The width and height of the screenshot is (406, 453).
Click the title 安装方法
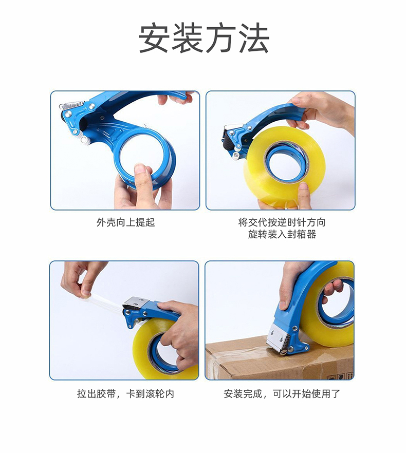tap(204, 39)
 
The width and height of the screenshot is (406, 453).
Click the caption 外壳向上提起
tap(126, 222)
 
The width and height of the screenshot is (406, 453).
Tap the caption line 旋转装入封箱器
tap(282, 234)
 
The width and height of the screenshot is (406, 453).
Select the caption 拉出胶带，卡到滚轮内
tap(125, 393)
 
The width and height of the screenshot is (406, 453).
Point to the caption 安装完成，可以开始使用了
tap(282, 393)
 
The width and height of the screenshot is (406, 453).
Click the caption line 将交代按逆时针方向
tap(282, 222)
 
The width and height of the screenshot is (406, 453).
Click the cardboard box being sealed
tap(279, 360)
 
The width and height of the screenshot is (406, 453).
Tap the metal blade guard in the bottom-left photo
tap(136, 303)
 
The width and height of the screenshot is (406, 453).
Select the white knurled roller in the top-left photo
tap(85, 140)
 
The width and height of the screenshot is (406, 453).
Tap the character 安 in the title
tap(154, 39)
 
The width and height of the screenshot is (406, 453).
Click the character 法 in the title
tap(254, 39)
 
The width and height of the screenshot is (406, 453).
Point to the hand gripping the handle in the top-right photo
tap(321, 112)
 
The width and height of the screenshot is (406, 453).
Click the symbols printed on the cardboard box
tap(340, 376)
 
